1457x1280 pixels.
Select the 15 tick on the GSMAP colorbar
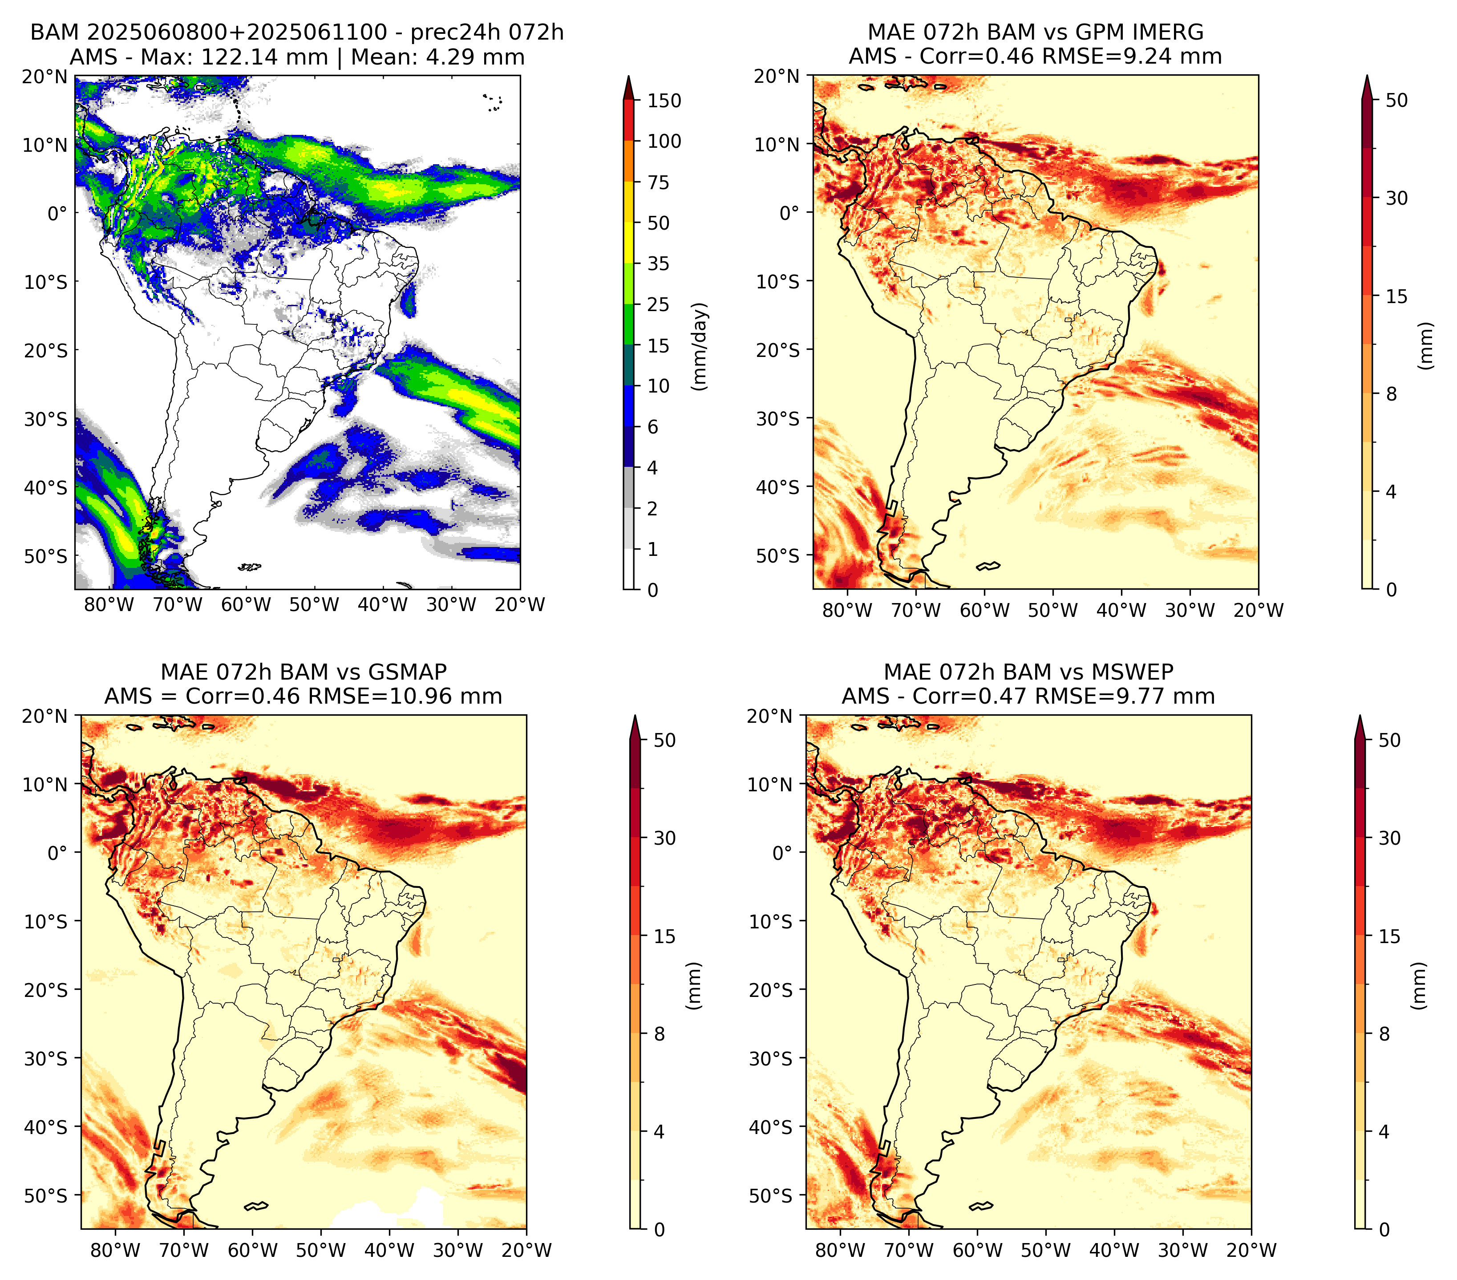pos(664,936)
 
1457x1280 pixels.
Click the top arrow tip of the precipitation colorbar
pos(629,76)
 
